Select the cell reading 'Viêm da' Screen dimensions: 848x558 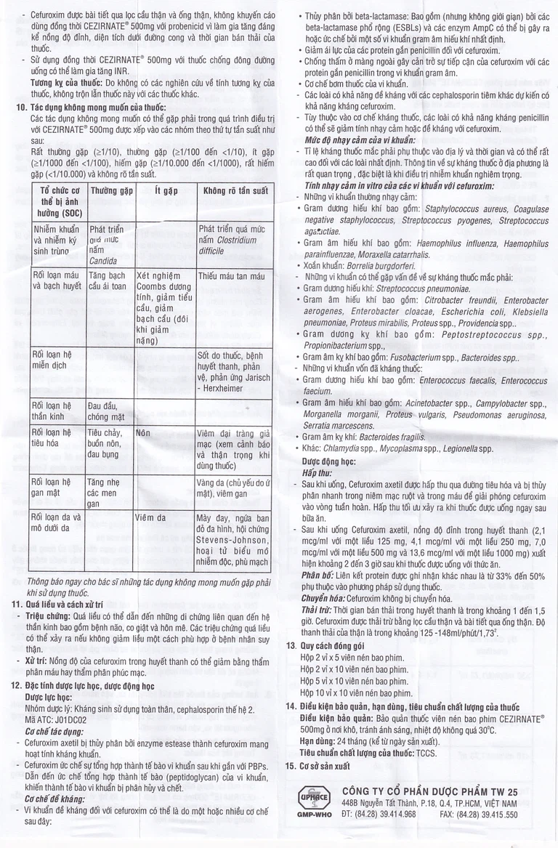tap(151, 518)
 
